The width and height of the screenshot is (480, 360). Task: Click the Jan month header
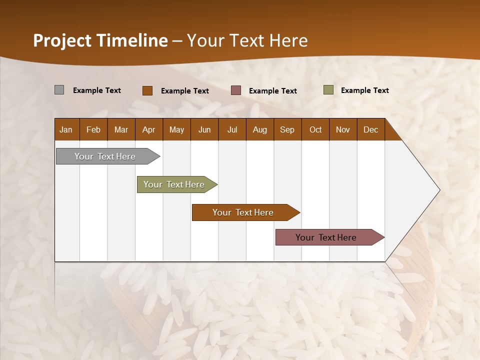66,130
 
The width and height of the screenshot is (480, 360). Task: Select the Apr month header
149,130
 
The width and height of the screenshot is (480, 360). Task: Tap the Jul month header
232,130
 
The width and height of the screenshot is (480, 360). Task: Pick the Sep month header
287,130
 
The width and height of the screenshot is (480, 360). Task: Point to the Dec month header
370,130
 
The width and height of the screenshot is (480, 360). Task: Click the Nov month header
343,130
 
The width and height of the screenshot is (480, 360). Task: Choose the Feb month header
93,130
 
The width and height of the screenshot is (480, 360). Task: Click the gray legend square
59,90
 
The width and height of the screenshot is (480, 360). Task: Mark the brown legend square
147,90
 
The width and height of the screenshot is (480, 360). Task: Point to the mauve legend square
236,90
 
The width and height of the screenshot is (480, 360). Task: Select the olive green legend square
328,90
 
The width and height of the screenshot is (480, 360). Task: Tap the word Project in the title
61,40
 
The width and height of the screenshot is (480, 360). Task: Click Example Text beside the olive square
364,90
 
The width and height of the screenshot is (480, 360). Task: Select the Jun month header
204,130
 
